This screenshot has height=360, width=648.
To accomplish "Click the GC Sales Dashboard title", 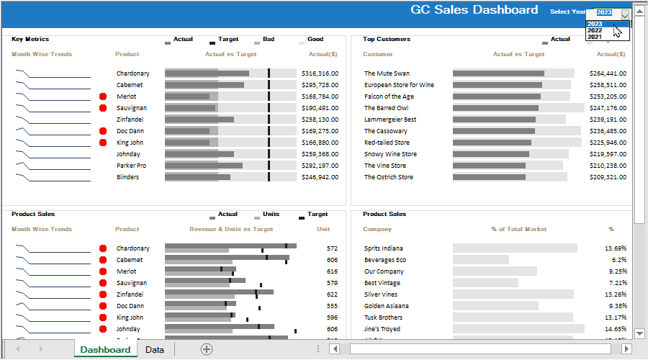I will [x=474, y=10].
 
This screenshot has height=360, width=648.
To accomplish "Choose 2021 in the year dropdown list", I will [x=595, y=37].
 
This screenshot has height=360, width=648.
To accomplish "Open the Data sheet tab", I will [x=154, y=350].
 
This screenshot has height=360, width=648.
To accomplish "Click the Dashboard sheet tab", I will [x=105, y=350].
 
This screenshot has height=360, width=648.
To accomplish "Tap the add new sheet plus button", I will [x=207, y=349].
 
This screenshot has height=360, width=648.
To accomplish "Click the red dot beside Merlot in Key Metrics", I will [x=103, y=96].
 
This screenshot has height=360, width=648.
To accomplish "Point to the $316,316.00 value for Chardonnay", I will [x=320, y=73].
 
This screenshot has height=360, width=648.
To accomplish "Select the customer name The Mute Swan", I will [x=387, y=73].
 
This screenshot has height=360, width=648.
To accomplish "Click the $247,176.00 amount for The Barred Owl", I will [x=608, y=108].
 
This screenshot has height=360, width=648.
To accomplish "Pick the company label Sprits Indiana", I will [x=383, y=248].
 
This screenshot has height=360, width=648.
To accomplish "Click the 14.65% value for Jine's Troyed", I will [x=615, y=329].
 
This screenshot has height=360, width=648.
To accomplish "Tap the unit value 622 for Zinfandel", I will [x=331, y=294].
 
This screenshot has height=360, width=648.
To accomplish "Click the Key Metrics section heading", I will [x=30, y=39].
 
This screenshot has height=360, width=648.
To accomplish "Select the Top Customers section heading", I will [x=387, y=39].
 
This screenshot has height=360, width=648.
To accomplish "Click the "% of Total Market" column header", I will [x=518, y=229].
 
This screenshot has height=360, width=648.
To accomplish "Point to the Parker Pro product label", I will [x=132, y=166].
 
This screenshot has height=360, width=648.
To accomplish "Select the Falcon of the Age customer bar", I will [x=497, y=96].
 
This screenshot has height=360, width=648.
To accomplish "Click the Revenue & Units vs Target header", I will [x=231, y=229].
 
